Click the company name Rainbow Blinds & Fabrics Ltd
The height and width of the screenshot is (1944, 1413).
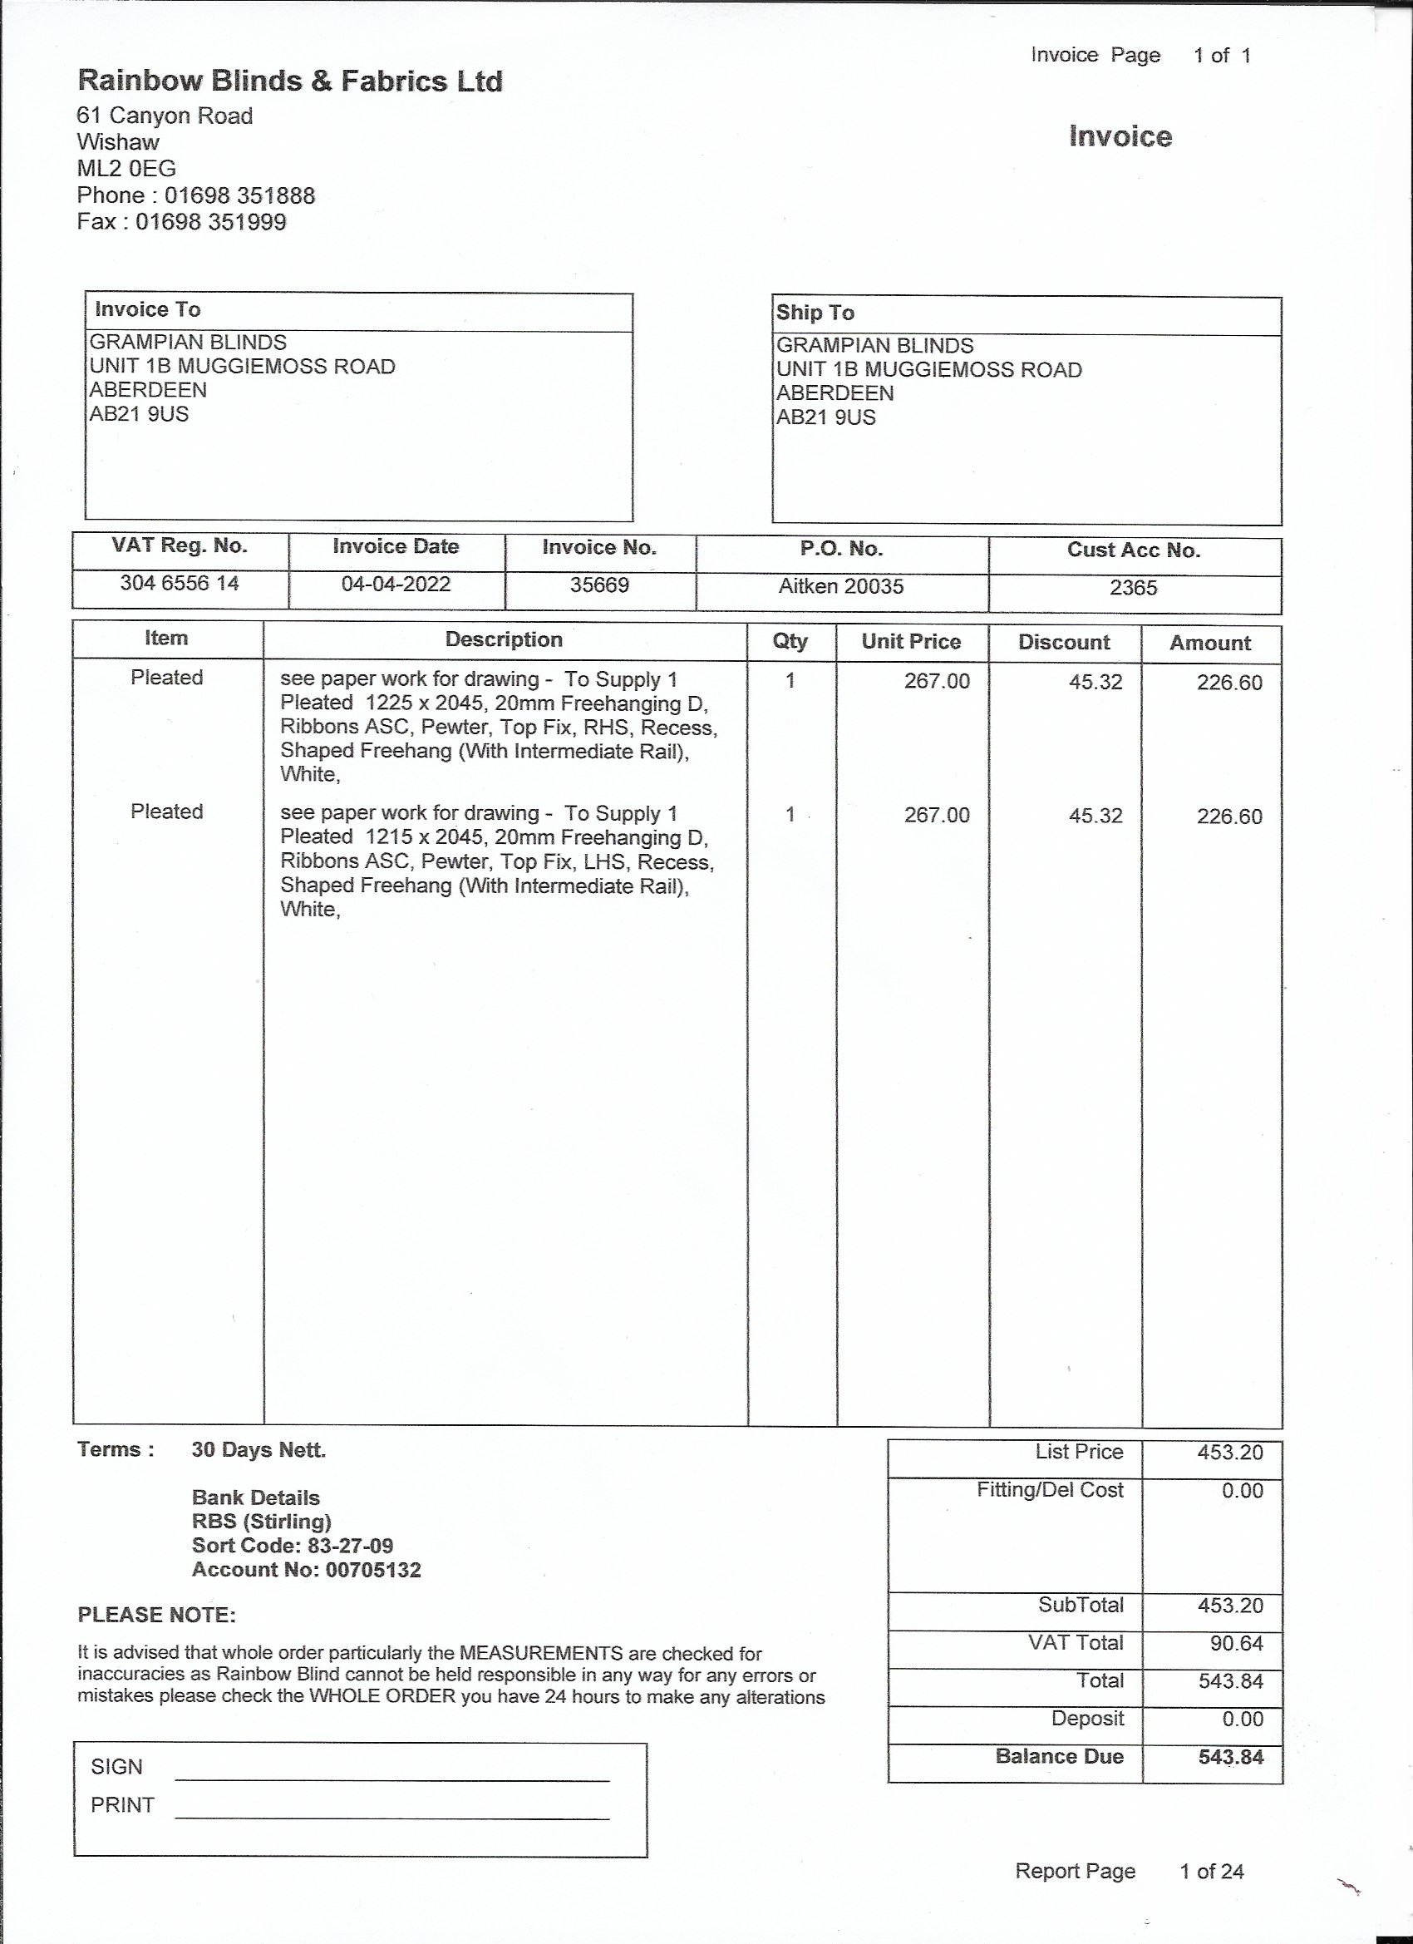pos(289,81)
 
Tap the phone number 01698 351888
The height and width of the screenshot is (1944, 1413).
pos(239,195)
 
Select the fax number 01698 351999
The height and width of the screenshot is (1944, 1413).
pos(210,222)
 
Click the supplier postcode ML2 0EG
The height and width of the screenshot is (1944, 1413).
pos(126,169)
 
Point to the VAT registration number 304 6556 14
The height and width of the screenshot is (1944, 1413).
pos(179,584)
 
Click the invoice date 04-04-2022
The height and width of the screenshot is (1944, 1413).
pos(396,585)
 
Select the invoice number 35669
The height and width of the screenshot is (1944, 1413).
pos(600,585)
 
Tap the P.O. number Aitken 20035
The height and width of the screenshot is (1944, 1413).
pos(840,586)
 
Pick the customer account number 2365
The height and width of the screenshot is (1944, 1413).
pos(1133,588)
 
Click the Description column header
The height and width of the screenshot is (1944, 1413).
pos(504,639)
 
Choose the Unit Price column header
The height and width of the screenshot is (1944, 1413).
pos(911,642)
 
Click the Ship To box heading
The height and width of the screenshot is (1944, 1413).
pos(815,313)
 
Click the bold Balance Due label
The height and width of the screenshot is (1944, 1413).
pos(1059,1756)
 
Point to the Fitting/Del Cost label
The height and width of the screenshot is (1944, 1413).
pos(1050,1490)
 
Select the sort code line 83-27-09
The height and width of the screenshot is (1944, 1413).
pos(293,1546)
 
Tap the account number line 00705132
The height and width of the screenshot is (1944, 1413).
pos(306,1570)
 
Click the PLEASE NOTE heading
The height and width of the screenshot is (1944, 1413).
pos(156,1615)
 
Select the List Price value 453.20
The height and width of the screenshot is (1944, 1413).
pos(1230,1452)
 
